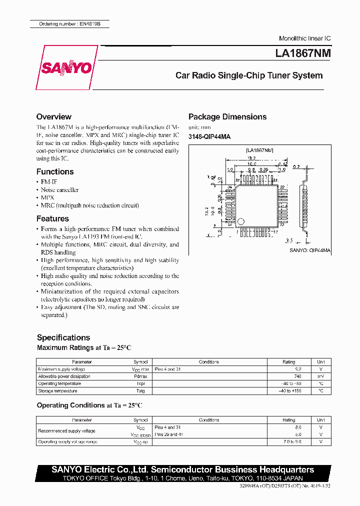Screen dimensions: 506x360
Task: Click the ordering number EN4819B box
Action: [x=68, y=24]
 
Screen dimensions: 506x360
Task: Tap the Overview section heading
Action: [x=54, y=116]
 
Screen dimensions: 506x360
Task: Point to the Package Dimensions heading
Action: [x=227, y=116]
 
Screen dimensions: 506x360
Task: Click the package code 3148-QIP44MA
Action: [x=209, y=136]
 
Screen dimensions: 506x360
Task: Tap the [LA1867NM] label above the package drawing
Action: [x=259, y=150]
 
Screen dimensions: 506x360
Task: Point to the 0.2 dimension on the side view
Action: [x=296, y=167]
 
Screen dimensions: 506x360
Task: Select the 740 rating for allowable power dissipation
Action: [x=297, y=376]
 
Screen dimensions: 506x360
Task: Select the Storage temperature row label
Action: [x=57, y=391]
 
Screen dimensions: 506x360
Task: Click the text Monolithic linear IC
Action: [x=304, y=38]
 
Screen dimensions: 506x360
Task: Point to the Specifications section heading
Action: [x=63, y=337]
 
